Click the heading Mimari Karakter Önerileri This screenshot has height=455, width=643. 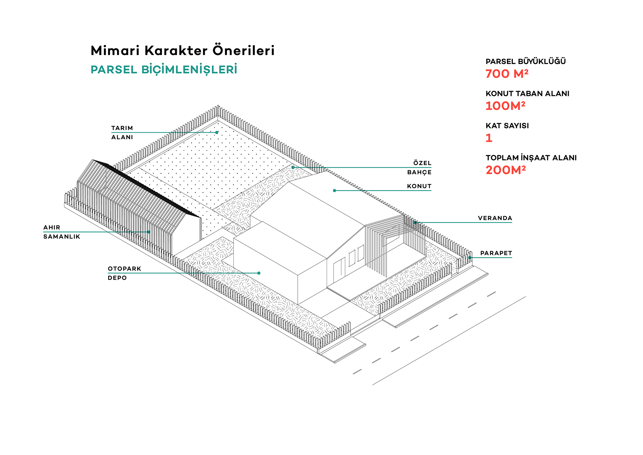183,51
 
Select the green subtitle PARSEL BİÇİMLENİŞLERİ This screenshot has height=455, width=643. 164,70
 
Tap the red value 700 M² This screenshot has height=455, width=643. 507,74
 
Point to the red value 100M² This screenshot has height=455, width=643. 505,106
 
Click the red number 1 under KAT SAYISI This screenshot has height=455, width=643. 489,138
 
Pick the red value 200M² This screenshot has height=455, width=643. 505,170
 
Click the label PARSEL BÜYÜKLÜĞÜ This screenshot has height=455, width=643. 526,61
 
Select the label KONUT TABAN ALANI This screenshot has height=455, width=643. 527,94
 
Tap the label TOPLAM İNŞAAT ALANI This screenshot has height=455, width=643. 531,158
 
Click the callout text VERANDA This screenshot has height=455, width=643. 495,218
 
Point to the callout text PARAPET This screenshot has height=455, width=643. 496,253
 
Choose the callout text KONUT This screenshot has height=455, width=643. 419,186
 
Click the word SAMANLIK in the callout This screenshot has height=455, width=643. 62,237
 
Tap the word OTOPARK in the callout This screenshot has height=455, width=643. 124,269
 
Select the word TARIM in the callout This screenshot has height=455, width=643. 122,128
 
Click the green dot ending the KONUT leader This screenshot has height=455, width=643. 334,190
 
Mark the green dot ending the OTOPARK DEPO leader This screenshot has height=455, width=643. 259,273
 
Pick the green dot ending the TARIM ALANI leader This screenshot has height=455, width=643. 217,132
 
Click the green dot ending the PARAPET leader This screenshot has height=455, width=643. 470,257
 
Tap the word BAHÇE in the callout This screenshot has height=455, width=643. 419,172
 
